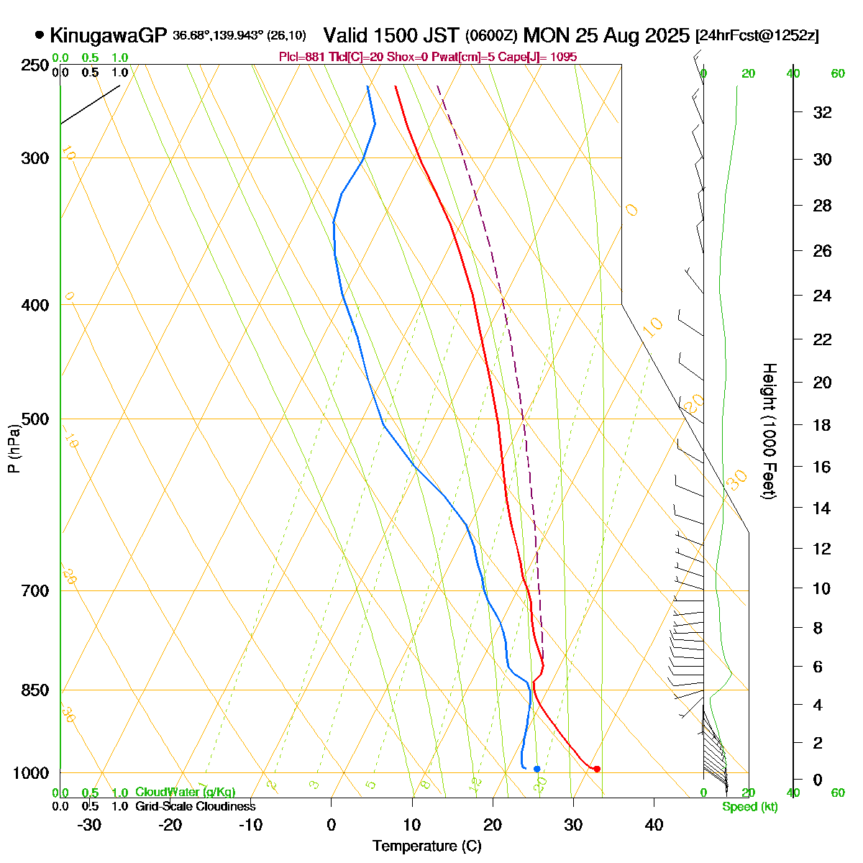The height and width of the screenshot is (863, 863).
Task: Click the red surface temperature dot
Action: (597, 769)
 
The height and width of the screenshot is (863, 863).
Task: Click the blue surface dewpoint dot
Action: (536, 769)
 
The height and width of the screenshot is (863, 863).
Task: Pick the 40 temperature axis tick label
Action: (654, 825)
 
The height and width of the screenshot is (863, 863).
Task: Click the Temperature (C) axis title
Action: (427, 846)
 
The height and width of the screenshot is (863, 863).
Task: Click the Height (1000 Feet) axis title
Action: (769, 431)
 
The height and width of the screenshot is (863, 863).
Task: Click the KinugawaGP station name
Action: (108, 35)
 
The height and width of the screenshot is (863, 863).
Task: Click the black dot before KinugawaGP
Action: (39, 35)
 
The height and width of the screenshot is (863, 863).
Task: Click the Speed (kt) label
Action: (750, 807)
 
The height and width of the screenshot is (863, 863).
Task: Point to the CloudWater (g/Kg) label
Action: (185, 792)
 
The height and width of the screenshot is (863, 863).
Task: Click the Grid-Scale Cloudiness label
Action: (195, 806)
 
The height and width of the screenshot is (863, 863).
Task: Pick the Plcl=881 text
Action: (303, 57)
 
